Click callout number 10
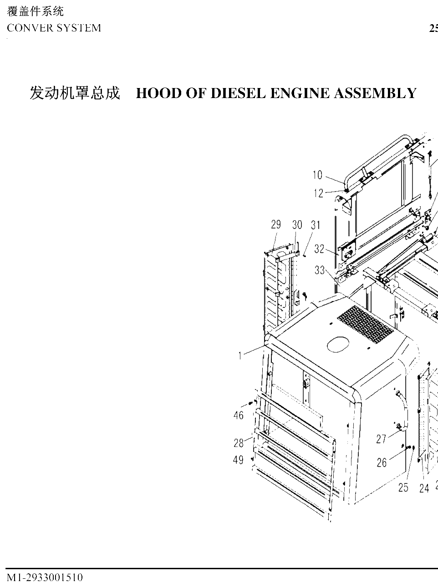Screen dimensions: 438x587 pos(318,175)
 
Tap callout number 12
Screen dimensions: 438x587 pos(318,193)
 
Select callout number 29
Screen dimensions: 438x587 pos(276,225)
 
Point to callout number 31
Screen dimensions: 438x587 pos(316,225)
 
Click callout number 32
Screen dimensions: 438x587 pos(319,249)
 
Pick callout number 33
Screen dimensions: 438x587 pos(320,270)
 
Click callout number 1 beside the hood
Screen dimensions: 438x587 pos(240,356)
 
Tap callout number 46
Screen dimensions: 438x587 pos(239,416)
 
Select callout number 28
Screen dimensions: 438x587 pos(239,443)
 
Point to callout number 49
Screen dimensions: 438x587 pos(239,460)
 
